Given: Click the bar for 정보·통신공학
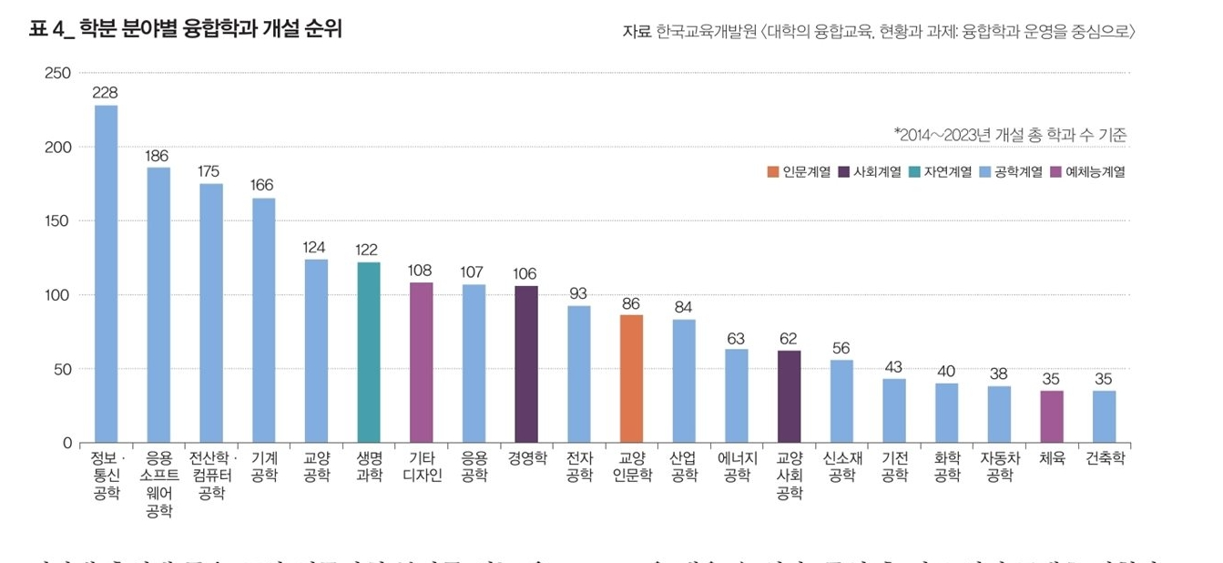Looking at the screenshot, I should click(107, 273).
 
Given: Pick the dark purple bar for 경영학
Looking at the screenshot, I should click(526, 364).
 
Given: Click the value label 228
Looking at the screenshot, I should click(106, 93).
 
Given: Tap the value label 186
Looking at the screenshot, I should click(158, 156).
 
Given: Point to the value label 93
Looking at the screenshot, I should click(578, 293).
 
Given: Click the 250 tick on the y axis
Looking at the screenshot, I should click(58, 73).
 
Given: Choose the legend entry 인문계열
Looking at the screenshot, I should click(799, 171).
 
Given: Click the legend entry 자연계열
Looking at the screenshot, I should click(941, 171).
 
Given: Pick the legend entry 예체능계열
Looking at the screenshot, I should click(1088, 171).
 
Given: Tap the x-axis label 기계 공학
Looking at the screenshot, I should click(264, 466).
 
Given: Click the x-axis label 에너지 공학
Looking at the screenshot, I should click(737, 466).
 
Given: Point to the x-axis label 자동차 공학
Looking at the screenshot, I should click(1000, 466).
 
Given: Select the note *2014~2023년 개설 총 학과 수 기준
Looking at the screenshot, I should click(1011, 136).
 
